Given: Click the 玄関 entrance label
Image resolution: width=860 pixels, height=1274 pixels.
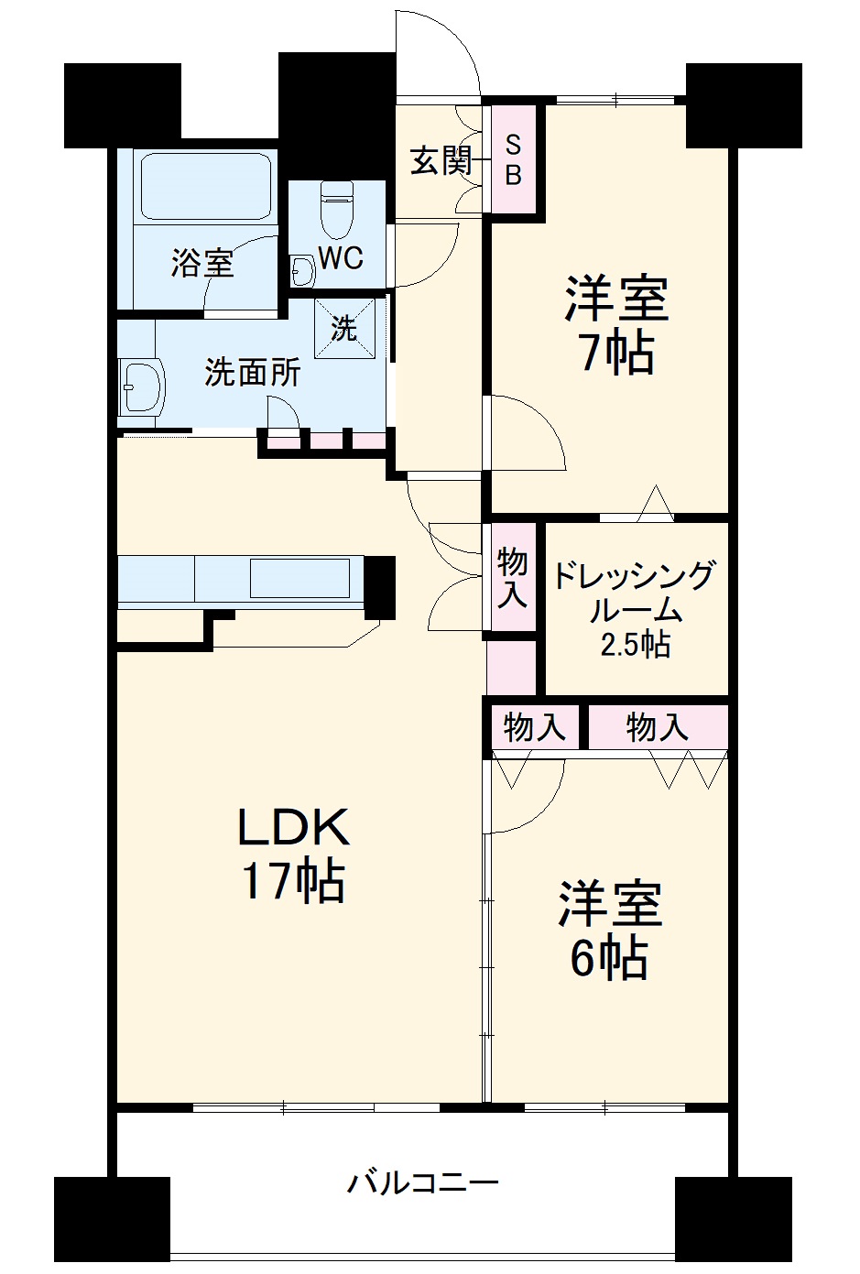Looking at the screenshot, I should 440,161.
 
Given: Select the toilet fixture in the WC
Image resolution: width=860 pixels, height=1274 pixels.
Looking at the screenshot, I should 336,209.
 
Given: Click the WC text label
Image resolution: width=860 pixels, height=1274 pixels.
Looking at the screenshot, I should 340,258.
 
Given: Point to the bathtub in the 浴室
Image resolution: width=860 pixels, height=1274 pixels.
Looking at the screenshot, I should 205,186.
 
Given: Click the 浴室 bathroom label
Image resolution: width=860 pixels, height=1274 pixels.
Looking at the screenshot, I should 202,264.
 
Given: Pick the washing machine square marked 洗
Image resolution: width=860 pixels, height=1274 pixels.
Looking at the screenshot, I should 344,328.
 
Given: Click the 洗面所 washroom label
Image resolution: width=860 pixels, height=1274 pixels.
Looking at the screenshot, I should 251,372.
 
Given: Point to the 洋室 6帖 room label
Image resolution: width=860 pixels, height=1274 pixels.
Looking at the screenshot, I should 610,931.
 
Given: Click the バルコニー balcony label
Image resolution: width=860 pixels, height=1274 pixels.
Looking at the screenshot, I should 422,1182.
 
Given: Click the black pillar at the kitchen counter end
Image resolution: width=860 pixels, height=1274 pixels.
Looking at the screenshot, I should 379,586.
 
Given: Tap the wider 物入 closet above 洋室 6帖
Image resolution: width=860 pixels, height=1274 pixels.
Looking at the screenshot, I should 657,728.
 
